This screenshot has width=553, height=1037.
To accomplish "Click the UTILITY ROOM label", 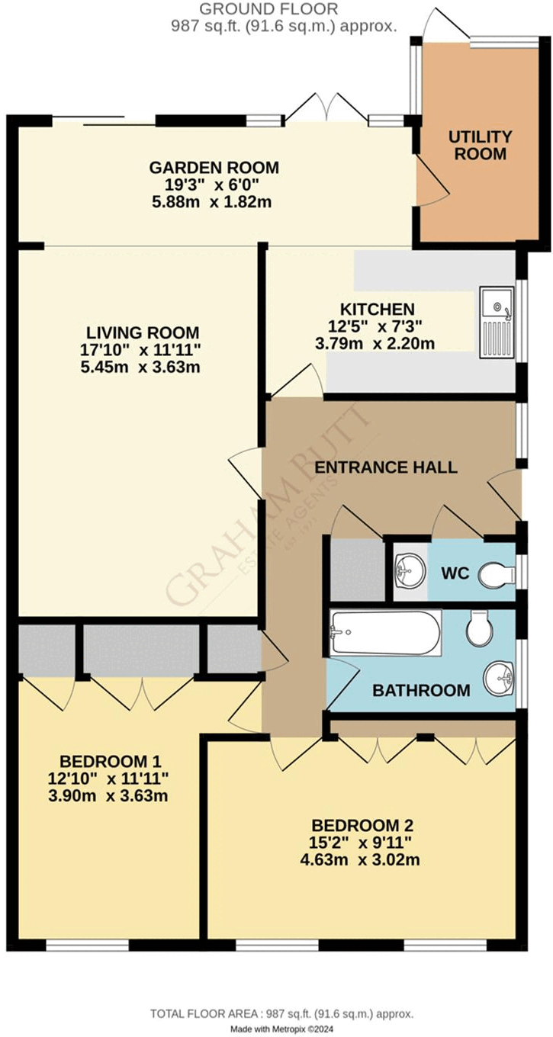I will (x=479, y=145).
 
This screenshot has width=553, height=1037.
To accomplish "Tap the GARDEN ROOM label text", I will (x=214, y=167).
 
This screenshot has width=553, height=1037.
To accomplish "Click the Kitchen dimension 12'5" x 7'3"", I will (x=377, y=326).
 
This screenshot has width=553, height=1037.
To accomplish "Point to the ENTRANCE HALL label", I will (x=387, y=467).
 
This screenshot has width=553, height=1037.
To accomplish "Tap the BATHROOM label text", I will (x=421, y=691).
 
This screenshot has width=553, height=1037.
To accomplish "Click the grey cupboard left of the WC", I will (x=356, y=570).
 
